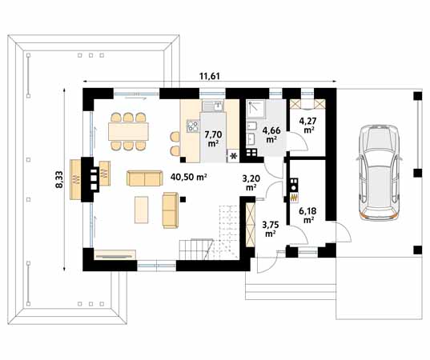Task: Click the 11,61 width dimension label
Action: pyautogui.click(x=210, y=76)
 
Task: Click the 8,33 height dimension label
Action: pyautogui.click(x=59, y=179)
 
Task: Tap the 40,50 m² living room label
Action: pyautogui.click(x=188, y=177)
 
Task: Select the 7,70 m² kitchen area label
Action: pyautogui.click(x=213, y=138)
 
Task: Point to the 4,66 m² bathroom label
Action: pyautogui.click(x=271, y=134)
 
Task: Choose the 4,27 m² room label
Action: pyautogui.click(x=308, y=125)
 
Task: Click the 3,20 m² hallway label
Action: pyautogui.click(x=251, y=182)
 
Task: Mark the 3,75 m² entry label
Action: pyautogui.click(x=270, y=230)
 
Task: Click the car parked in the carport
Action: pyautogui.click(x=379, y=173)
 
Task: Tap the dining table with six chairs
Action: pyautogui.click(x=128, y=132)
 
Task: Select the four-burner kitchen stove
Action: pyautogui.click(x=193, y=126)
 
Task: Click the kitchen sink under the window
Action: pyautogui.click(x=213, y=106)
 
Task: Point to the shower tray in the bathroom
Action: pyautogui.click(x=256, y=110)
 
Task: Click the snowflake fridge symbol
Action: pyautogui.click(x=234, y=157)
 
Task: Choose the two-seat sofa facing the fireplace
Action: pyautogui.click(x=144, y=178)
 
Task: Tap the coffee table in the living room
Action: pyautogui.click(x=142, y=210)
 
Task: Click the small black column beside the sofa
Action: pyautogui.click(x=183, y=199)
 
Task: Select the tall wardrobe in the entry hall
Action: pyautogui.click(x=251, y=225)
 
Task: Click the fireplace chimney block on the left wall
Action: pyautogui.click(x=88, y=179)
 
